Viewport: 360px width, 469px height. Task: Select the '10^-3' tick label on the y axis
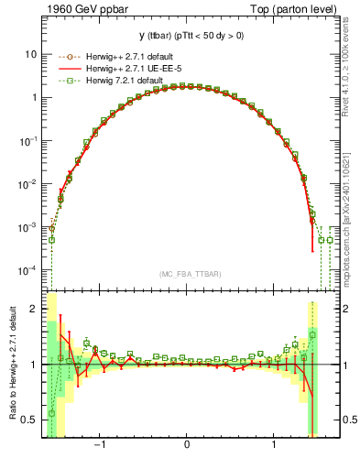[x=29, y=226]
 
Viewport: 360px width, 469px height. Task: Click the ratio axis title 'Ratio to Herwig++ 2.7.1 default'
[x=12, y=364]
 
